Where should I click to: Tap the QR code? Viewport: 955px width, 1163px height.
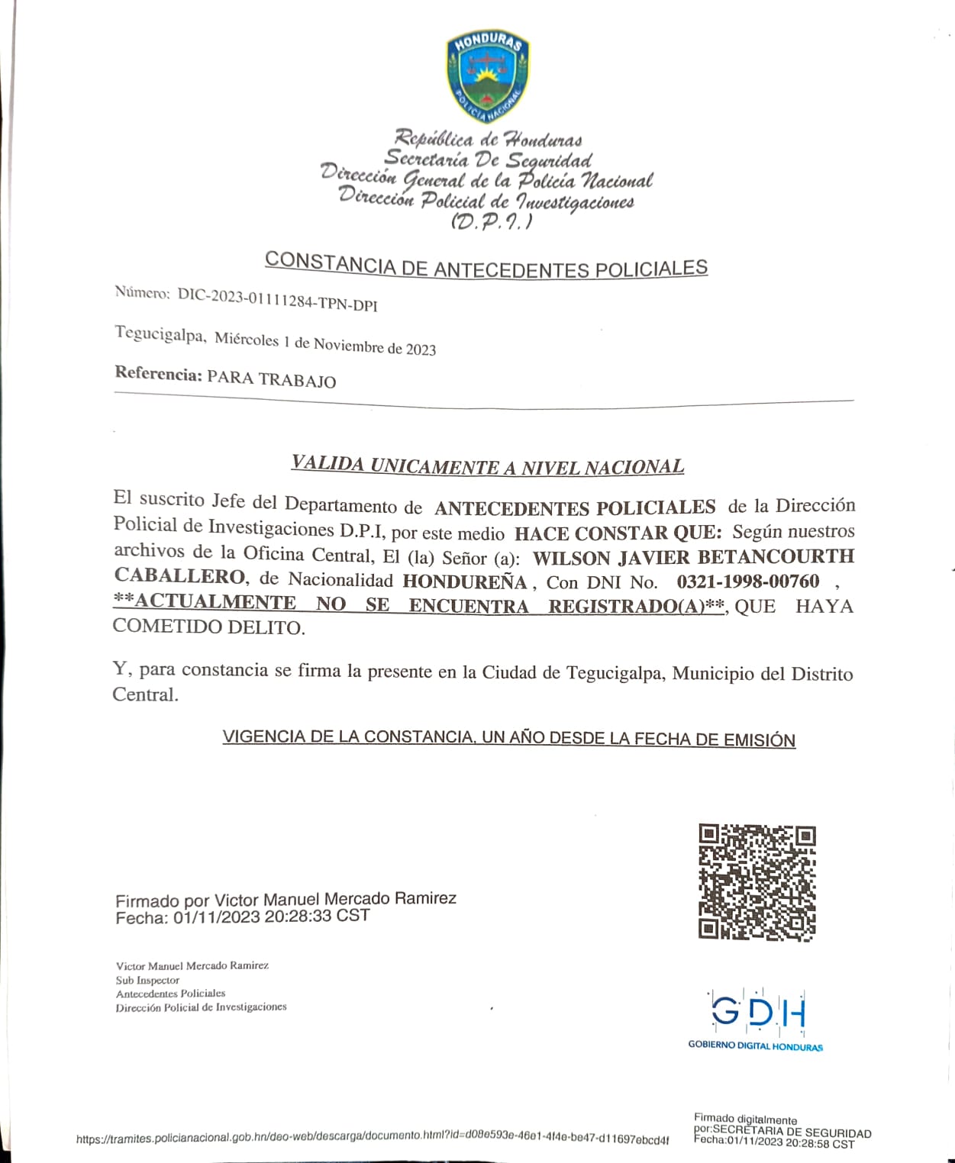pos(757,881)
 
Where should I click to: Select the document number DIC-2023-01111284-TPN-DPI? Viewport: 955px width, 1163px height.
pos(277,299)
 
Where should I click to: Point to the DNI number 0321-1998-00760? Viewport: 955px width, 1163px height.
pos(747,581)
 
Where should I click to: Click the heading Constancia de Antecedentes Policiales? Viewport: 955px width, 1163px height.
pos(486,265)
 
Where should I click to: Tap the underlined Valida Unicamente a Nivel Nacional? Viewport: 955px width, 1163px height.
pos(487,466)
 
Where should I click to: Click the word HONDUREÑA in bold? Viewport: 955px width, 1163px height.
pos(465,581)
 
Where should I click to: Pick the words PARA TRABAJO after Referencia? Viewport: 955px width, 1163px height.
pos(271,379)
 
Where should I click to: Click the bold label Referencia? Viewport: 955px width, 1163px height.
pos(158,374)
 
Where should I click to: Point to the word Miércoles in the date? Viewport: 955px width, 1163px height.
pos(246,339)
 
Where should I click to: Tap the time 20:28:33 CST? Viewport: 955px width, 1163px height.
pos(317,916)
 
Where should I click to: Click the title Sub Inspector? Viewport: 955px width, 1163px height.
pos(147,980)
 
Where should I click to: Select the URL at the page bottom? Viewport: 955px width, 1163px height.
pos(373,1138)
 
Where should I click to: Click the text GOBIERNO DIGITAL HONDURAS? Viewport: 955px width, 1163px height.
pos(755,1045)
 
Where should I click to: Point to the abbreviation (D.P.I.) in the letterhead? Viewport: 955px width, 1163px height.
pos(492,222)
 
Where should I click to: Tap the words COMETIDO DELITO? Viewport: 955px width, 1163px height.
pos(208,627)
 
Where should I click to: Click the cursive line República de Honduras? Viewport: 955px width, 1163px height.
pos(488,139)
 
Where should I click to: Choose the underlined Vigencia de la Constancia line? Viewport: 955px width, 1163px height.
pos(508,738)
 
